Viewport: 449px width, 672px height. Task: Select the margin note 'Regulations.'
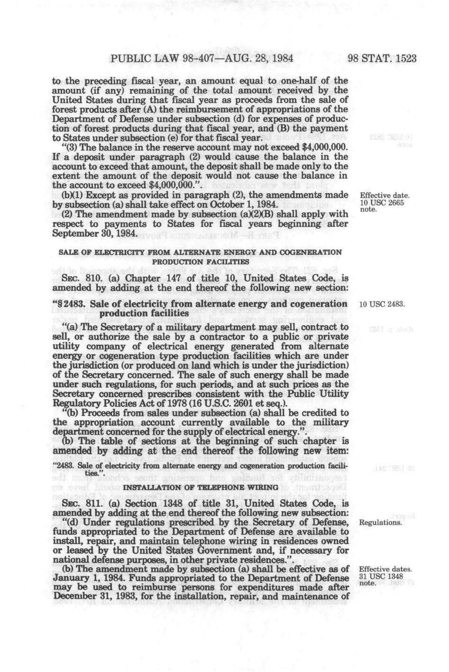tap(381, 523)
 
